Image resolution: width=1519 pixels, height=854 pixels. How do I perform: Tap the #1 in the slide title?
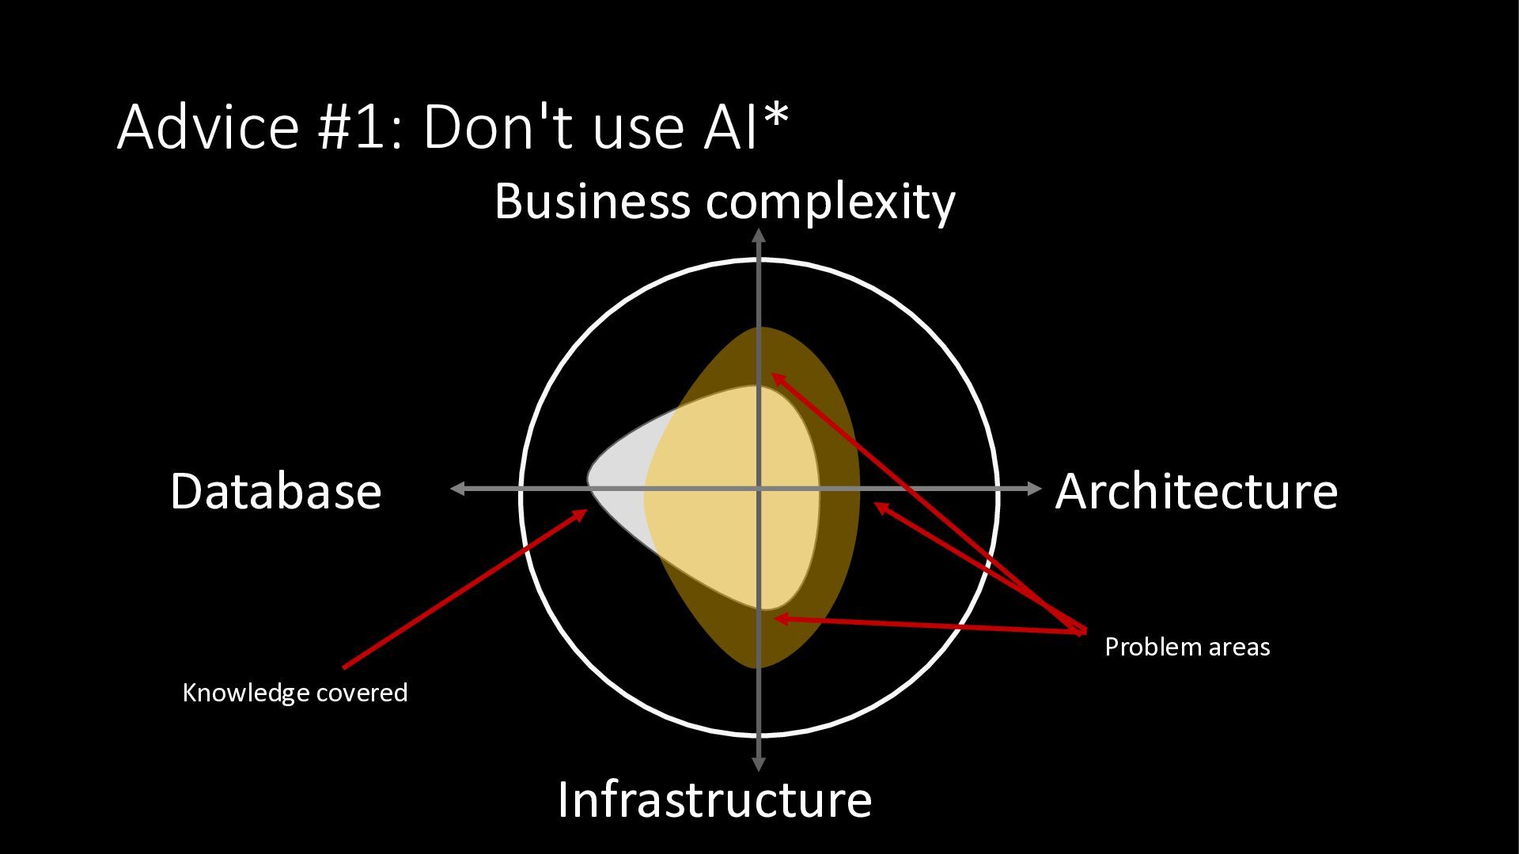(x=353, y=127)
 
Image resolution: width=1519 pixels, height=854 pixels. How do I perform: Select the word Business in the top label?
(x=593, y=201)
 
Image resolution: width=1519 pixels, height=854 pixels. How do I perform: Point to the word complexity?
(x=830, y=202)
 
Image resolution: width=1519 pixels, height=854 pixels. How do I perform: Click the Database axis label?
(x=275, y=491)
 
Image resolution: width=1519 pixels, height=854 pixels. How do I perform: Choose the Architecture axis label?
(x=1196, y=491)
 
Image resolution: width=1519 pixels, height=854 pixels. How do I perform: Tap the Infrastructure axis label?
(x=714, y=799)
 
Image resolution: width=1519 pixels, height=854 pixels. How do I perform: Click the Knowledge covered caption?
(x=295, y=693)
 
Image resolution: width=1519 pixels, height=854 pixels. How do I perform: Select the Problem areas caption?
(x=1187, y=647)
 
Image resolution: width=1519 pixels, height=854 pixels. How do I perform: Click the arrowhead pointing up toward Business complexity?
(x=759, y=235)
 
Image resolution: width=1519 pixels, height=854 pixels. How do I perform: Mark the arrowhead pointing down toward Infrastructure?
(x=759, y=764)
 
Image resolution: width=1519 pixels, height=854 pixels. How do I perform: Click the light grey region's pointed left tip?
(x=589, y=479)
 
